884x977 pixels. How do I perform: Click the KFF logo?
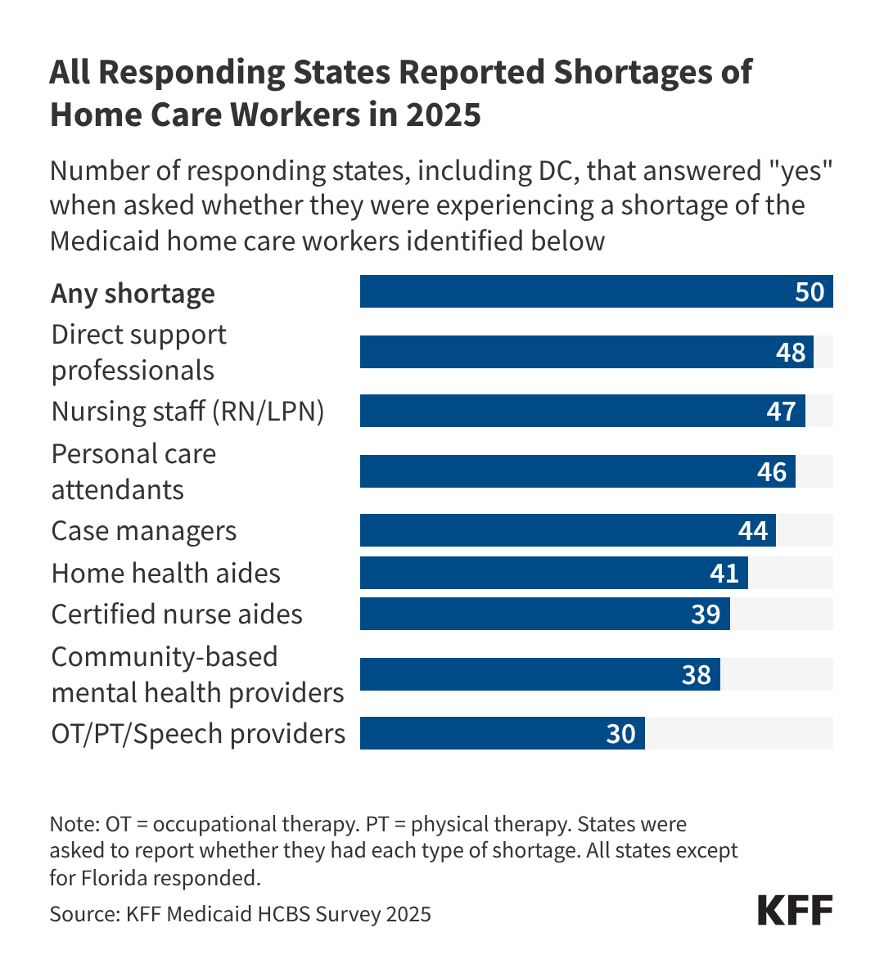click(795, 910)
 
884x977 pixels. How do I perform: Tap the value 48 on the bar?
click(791, 353)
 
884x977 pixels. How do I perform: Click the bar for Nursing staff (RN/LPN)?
click(582, 411)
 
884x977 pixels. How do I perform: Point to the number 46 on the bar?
click(772, 472)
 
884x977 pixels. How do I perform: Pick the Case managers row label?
click(144, 531)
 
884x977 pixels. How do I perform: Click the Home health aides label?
click(165, 574)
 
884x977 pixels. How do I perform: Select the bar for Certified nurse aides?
click(544, 615)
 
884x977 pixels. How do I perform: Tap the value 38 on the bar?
click(697, 675)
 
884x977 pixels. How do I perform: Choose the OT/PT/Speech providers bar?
click(502, 734)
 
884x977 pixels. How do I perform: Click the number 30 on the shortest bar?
click(620, 734)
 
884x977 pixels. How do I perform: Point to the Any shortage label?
click(133, 293)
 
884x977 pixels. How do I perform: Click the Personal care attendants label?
click(133, 472)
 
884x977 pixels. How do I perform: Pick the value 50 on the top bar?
click(810, 292)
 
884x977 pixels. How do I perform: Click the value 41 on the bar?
click(724, 574)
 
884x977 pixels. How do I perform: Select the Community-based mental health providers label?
click(197, 675)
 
